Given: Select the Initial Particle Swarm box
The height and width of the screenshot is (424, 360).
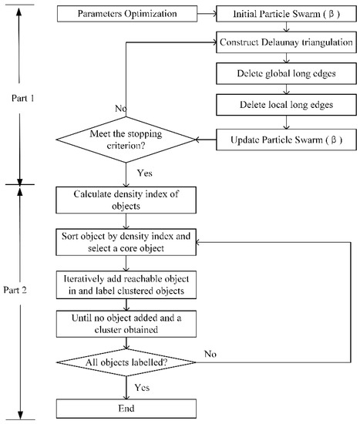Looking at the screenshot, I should tap(286, 15).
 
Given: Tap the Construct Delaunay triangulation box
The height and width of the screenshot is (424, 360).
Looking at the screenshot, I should tap(286, 43).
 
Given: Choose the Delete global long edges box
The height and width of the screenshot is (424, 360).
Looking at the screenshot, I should tap(286, 73).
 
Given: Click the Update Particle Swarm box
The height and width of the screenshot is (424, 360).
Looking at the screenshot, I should tap(286, 140).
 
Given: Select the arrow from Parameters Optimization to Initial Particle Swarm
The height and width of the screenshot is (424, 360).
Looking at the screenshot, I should tap(208, 15).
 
